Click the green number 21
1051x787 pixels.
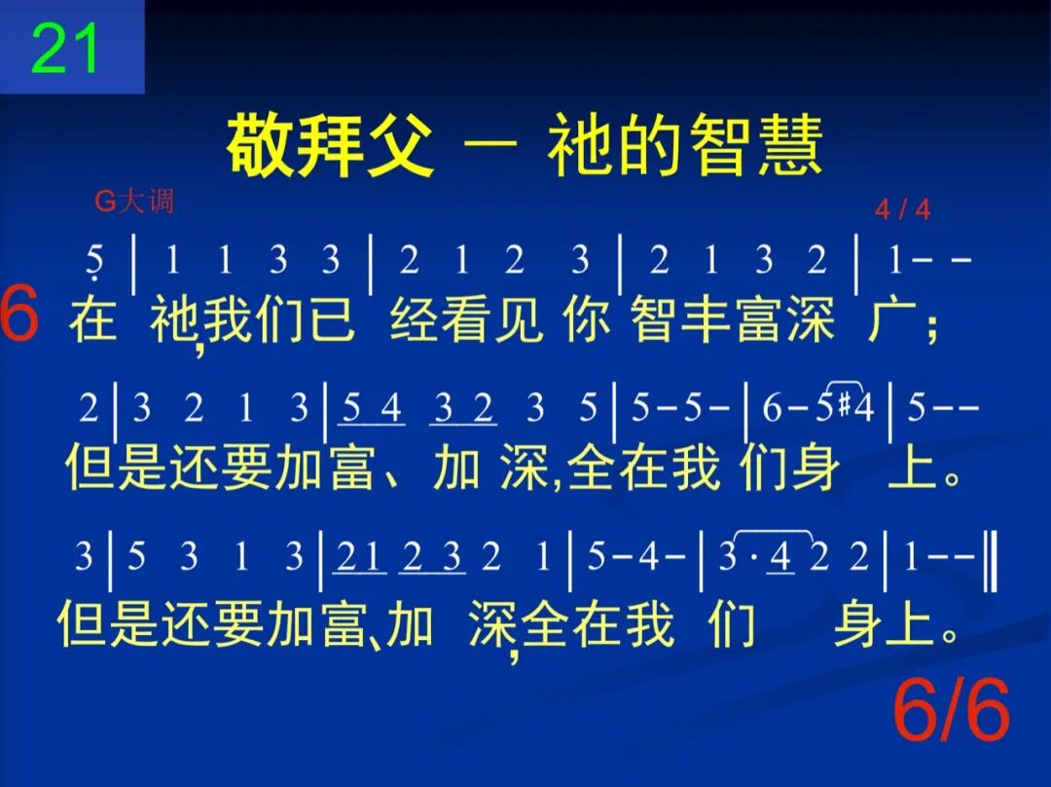pos(66,49)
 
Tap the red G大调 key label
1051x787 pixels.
pos(133,202)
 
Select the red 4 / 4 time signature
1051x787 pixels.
pos(902,209)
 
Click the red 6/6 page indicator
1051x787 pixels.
pos(952,713)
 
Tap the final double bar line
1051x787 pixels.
pos(990,558)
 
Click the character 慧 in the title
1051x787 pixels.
pos(790,146)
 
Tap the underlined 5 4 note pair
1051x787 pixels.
pos(372,410)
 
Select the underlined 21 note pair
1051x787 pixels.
pos(359,558)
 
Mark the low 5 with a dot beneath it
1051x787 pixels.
pos(94,261)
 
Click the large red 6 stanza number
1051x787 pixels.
pos(19,316)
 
